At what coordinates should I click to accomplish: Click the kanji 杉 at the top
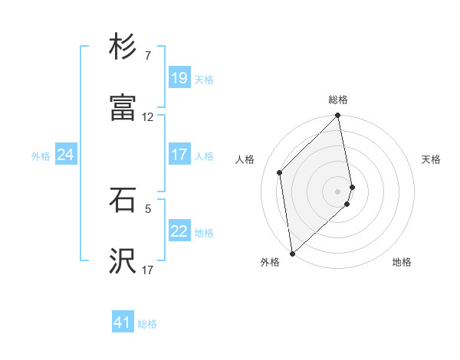(123, 47)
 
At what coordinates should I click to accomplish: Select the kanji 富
(123, 108)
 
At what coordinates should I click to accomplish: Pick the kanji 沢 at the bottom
(123, 260)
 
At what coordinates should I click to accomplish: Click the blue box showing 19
(179, 78)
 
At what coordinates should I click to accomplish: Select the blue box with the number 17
(179, 155)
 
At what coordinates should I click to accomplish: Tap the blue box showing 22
(179, 231)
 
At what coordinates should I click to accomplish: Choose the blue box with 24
(65, 155)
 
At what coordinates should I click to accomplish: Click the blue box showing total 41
(123, 322)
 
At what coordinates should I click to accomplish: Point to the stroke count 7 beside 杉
(148, 56)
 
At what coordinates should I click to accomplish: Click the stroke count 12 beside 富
(148, 117)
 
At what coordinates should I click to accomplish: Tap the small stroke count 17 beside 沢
(148, 270)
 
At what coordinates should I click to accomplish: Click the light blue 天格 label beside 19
(204, 80)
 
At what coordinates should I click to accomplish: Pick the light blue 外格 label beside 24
(41, 156)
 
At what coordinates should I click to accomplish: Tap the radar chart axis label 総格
(338, 100)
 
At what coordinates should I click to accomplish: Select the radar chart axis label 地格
(402, 263)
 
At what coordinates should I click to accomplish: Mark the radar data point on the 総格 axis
(338, 116)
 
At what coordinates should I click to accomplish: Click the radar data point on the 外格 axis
(292, 253)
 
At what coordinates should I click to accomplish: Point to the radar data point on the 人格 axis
(280, 172)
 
